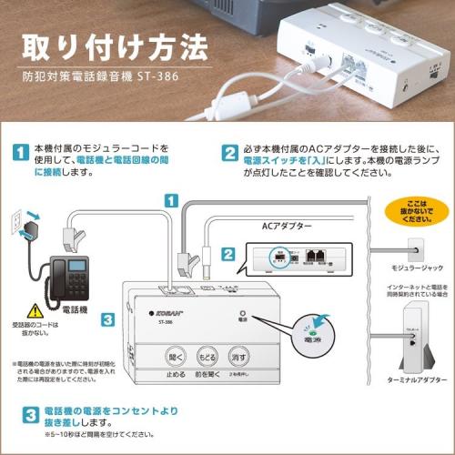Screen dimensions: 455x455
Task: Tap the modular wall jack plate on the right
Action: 414,247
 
